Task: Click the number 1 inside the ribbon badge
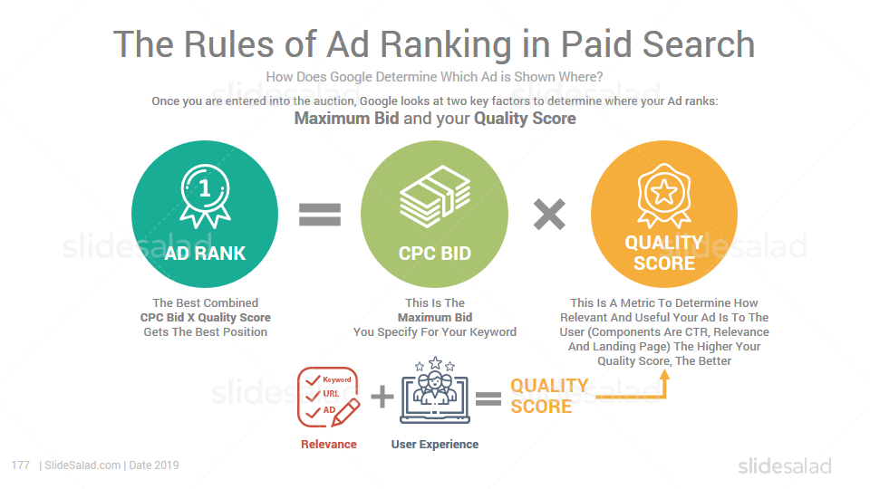[205, 188]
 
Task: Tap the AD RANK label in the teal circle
[205, 254]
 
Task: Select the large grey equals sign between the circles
[320, 215]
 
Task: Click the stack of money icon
[435, 197]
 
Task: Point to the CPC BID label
[435, 254]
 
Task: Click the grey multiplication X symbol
[549, 215]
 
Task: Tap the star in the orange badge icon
[664, 192]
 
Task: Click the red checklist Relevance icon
[328, 397]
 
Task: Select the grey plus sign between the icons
[382, 397]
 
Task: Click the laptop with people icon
[435, 390]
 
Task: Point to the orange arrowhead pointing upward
[664, 375]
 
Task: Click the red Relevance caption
[328, 444]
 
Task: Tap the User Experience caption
[435, 444]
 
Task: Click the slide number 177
[21, 465]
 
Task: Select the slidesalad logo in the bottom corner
[785, 465]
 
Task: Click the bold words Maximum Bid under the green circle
[435, 318]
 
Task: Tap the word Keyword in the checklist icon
[337, 379]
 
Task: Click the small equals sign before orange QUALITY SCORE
[488, 398]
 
